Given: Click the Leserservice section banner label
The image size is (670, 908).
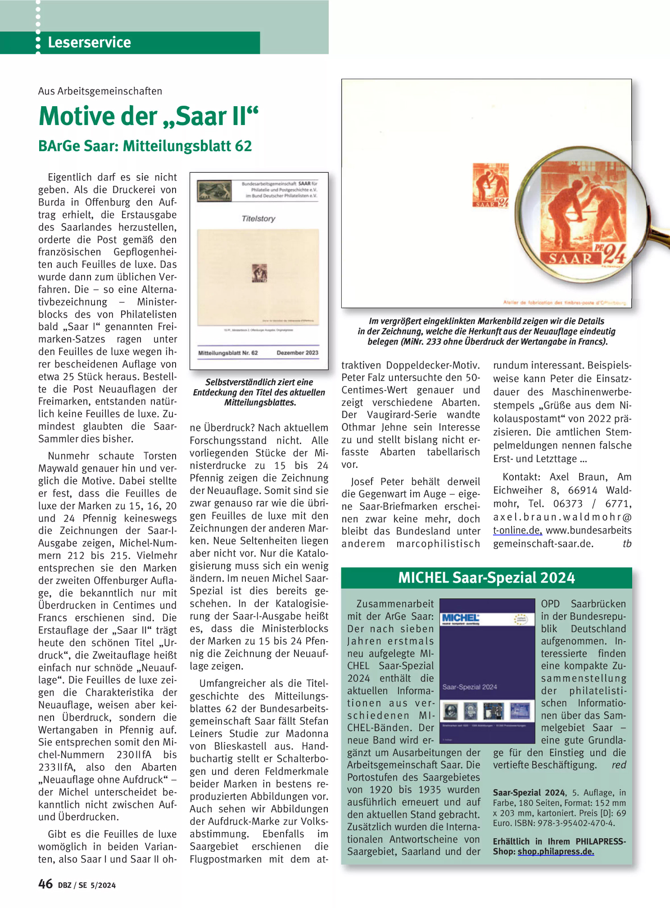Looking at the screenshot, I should coord(89,42).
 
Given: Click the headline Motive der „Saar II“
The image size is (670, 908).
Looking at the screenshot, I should coord(149,116).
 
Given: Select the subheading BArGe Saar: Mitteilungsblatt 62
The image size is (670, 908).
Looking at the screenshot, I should coord(145,146).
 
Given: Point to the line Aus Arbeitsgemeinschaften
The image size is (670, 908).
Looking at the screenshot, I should coord(100,91).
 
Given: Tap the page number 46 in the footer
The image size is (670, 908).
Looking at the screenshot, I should coord(45,884).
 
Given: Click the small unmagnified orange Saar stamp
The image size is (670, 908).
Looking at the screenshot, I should coord(490,185).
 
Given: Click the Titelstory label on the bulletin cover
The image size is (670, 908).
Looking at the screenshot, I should coord(258,219).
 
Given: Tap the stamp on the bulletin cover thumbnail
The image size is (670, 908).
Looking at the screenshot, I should coord(259,273).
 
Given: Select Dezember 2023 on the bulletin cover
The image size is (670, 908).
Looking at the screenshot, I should coord(297,353).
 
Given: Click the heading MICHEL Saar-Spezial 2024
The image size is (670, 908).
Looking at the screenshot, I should coord(486,578).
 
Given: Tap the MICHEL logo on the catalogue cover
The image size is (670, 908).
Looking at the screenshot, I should coord(460,618).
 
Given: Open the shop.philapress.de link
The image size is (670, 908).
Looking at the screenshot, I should coord(556,851).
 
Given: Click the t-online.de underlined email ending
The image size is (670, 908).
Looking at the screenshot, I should coord(517,530).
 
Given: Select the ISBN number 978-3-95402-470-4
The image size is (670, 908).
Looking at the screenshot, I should coord(572,823).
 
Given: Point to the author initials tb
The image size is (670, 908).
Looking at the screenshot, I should coord(627,544).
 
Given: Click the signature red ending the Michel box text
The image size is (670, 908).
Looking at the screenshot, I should coord(619,764).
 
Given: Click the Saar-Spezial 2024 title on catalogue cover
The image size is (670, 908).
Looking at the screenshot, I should coord(470,687).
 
